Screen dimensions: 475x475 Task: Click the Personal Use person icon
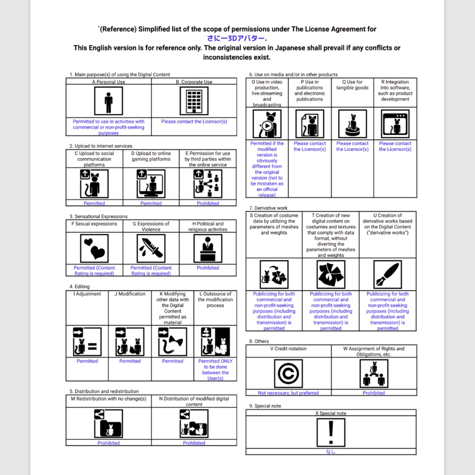(x=109, y=101)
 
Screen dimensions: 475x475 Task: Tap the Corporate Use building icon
(x=194, y=101)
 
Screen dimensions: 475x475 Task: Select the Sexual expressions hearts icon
(x=95, y=248)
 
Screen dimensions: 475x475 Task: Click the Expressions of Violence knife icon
(x=151, y=248)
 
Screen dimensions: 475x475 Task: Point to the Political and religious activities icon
(x=208, y=248)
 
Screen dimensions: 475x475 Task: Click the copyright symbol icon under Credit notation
(x=289, y=373)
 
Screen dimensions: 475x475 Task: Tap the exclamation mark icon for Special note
(x=331, y=432)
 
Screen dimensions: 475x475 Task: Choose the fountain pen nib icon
(x=388, y=274)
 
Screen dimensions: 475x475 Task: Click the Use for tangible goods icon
(x=353, y=124)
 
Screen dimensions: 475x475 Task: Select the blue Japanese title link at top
(x=237, y=39)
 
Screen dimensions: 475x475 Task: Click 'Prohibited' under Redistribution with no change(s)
(x=109, y=443)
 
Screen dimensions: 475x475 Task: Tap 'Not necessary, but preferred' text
(x=289, y=393)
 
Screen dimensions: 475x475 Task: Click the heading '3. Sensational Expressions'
(x=98, y=217)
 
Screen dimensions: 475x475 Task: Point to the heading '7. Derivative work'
(x=269, y=208)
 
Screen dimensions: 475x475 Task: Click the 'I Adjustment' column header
(x=88, y=294)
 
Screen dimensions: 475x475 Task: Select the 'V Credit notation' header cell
(x=288, y=349)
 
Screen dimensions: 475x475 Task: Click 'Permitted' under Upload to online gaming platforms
(x=151, y=203)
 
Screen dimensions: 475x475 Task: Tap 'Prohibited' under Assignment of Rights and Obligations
(x=374, y=393)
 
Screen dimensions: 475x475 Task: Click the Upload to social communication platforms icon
(x=95, y=183)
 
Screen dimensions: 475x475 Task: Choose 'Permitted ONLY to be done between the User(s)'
(x=215, y=370)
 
